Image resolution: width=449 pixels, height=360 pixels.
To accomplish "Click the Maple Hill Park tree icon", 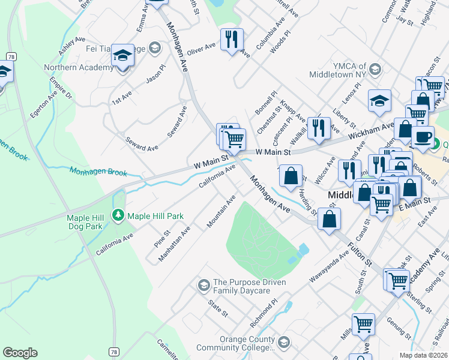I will click(x=119, y=215).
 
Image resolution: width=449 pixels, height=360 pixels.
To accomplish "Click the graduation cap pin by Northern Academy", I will click(x=123, y=56).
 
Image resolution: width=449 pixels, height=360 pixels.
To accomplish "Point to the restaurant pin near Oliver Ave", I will click(x=232, y=40).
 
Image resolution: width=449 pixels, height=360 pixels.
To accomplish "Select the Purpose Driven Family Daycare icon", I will click(x=203, y=284).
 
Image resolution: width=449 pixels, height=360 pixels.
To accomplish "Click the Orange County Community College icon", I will click(x=284, y=342).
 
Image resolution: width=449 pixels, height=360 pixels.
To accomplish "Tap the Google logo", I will click(x=20, y=352).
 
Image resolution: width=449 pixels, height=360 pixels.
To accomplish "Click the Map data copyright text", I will click(x=423, y=355).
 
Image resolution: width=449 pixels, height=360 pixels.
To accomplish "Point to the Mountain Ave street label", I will click(x=221, y=211).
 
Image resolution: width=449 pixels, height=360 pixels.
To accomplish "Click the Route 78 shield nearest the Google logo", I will click(x=115, y=352).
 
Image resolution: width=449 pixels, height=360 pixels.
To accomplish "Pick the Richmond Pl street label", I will click(x=264, y=314).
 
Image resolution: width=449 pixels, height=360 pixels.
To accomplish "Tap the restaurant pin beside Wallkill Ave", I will click(x=319, y=127).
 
